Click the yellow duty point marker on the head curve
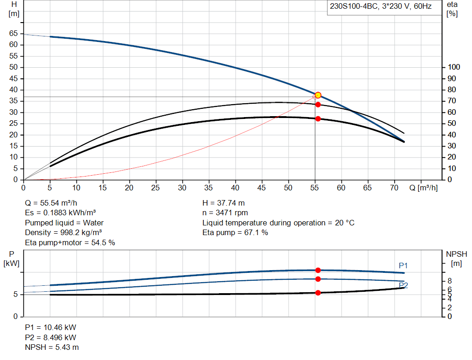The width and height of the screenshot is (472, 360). (x=318, y=95)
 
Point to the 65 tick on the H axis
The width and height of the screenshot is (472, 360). (x=13, y=34)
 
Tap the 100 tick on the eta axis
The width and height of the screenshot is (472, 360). (x=454, y=67)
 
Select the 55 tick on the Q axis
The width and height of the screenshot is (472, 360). (x=315, y=188)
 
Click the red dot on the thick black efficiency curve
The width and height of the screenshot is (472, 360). (x=318, y=118)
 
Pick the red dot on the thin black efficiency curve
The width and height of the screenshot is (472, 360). (x=318, y=105)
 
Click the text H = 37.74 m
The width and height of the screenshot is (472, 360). (x=224, y=203)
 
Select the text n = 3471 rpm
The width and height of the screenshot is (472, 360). (x=225, y=213)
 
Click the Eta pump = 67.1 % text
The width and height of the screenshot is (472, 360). (x=235, y=233)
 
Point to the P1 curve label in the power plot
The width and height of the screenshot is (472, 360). (x=403, y=266)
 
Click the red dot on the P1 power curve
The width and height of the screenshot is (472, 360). (x=318, y=270)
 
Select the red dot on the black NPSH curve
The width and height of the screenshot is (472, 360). (x=318, y=293)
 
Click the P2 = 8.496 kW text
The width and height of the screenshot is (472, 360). (x=51, y=337)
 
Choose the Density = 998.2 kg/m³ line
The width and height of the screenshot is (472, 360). (x=63, y=233)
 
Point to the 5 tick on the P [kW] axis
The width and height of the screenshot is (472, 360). (x=15, y=294)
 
